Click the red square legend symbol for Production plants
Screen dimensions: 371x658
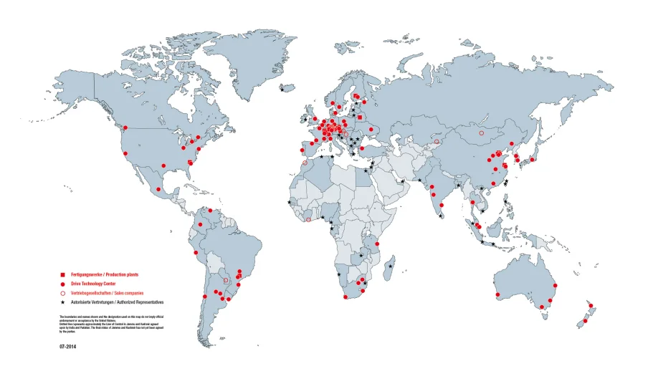pos(63,275)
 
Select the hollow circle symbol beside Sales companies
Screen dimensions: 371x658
pos(63,294)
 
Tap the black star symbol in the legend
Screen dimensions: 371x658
pos(63,303)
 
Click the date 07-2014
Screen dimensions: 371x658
pos(67,346)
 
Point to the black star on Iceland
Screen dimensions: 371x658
pos(282,89)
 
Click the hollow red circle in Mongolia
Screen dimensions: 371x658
pos(482,132)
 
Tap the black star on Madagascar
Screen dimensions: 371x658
pos(390,266)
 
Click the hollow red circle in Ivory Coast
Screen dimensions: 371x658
pos(308,220)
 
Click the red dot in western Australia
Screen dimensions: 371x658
pos(496,294)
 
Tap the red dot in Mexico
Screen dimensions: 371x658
pos(158,189)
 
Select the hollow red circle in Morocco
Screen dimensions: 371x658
pos(305,163)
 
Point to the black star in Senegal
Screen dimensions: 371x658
pos(290,203)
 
